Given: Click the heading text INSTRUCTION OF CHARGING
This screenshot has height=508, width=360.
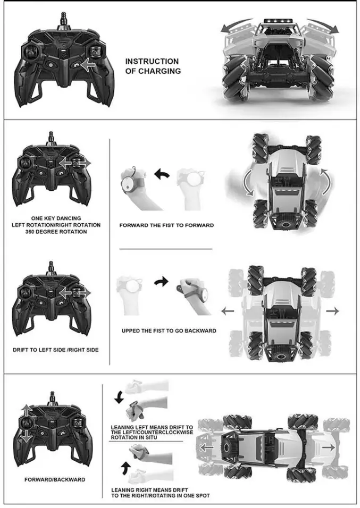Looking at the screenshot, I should tap(152, 66).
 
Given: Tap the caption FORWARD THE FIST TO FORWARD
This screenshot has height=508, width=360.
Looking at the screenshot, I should tap(166, 225).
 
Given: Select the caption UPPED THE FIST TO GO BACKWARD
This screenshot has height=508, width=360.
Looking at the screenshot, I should tap(169, 331).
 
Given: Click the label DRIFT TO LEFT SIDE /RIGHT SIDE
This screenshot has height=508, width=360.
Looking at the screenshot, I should tap(56, 350).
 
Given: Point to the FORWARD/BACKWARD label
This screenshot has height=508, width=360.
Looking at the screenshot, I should tap(55, 479).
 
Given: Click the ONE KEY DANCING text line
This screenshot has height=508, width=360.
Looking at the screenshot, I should tap(56, 218).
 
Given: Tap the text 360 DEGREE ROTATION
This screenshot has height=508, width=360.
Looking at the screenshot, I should tap(56, 232).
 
